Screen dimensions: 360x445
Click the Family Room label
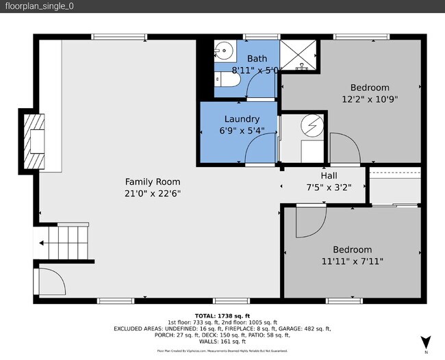point(152,181)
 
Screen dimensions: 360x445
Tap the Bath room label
point(257,59)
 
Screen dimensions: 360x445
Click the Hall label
point(329,175)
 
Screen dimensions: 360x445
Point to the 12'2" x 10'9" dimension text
point(370,99)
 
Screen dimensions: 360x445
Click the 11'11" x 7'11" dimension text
point(352,261)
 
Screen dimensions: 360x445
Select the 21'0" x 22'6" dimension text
point(152,193)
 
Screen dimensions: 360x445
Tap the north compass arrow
point(425,341)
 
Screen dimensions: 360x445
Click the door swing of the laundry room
point(261,148)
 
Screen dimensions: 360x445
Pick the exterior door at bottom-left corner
point(49,282)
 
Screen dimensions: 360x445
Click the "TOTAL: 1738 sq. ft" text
point(222,316)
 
